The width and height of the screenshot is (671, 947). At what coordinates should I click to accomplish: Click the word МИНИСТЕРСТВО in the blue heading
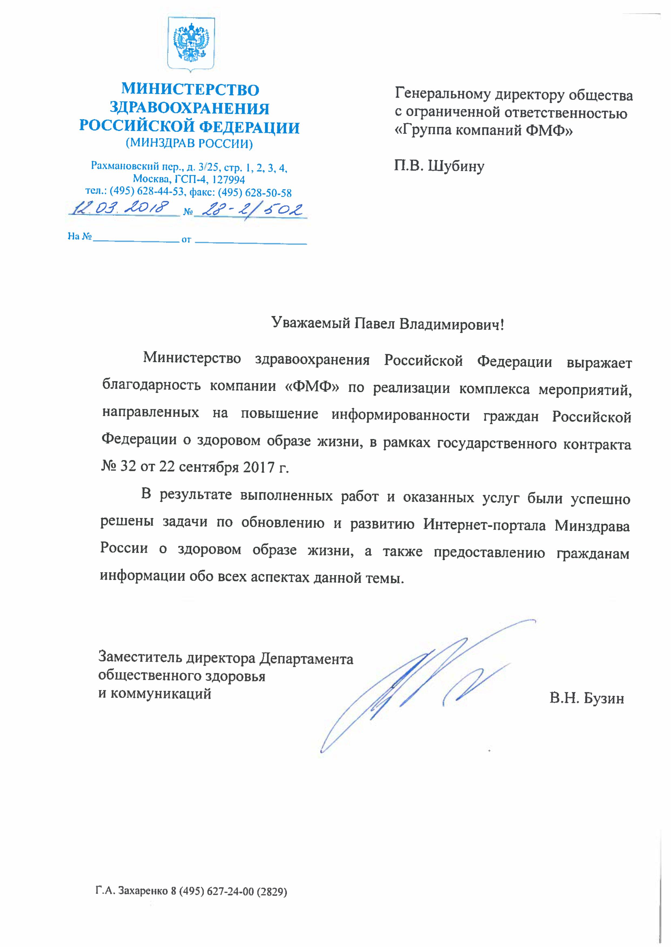coord(190,90)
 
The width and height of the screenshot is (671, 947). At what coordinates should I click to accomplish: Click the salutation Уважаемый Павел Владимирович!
coord(388,324)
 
